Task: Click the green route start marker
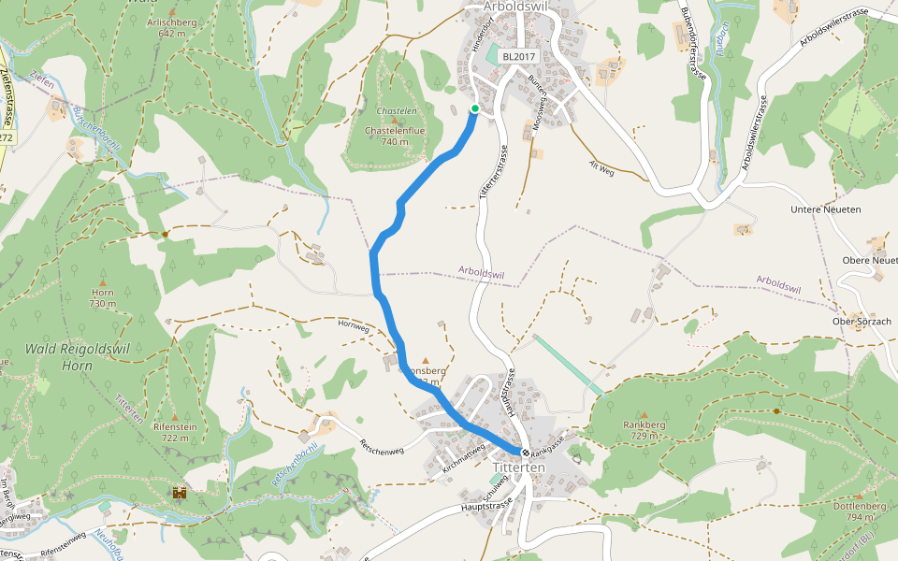click(474, 109)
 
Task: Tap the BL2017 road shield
click(518, 56)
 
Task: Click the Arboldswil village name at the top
click(517, 7)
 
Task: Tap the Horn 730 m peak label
click(102, 298)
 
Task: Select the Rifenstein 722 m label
click(174, 432)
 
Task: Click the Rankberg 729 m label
click(644, 430)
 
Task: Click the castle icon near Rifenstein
click(180, 492)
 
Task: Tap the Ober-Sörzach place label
click(862, 321)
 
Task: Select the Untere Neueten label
click(825, 209)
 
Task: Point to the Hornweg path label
click(355, 326)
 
